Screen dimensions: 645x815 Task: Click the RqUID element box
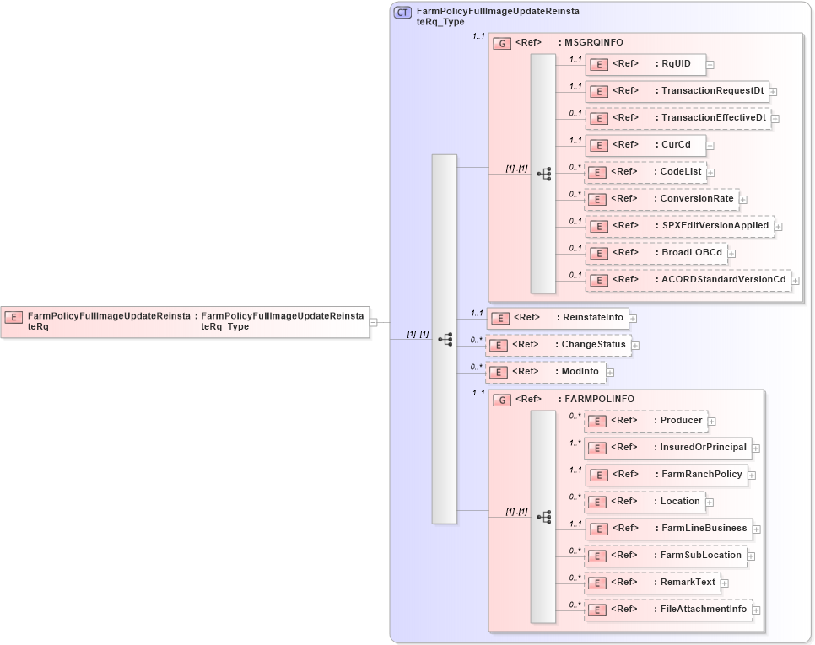click(x=645, y=64)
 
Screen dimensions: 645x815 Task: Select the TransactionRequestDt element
click(x=676, y=91)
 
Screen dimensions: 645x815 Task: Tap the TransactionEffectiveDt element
click(x=677, y=118)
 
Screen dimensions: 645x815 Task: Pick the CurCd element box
click(x=645, y=145)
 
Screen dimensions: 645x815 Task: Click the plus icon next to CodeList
click(x=710, y=173)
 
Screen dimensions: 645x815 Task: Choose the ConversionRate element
click(x=661, y=199)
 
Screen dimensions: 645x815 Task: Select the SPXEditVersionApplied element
click(x=679, y=226)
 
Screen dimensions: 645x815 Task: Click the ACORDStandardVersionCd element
click(x=688, y=280)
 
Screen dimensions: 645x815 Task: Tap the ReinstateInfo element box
click(x=558, y=318)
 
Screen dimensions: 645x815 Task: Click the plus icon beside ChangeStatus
click(x=635, y=345)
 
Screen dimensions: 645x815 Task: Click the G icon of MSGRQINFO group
click(x=502, y=43)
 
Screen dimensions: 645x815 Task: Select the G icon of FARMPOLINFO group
click(x=502, y=400)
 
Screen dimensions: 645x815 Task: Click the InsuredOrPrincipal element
click(x=667, y=448)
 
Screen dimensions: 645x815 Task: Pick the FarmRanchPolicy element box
click(x=666, y=475)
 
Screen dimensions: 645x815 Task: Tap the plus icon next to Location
click(x=710, y=503)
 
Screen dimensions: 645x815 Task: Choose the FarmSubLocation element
click(x=665, y=556)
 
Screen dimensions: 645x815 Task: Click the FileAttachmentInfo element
click(x=667, y=610)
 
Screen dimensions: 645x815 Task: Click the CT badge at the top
click(x=403, y=13)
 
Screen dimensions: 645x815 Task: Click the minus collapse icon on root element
click(x=373, y=321)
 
